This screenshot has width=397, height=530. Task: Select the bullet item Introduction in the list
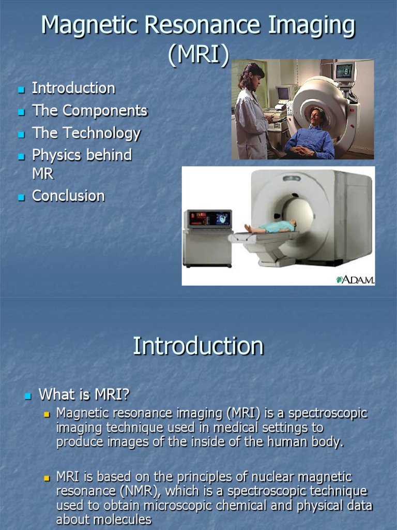pyautogui.click(x=73, y=89)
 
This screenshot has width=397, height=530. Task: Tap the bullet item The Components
pyautogui.click(x=89, y=111)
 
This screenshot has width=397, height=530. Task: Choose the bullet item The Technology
pyautogui.click(x=86, y=133)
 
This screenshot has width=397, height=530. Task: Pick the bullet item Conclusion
pyautogui.click(x=68, y=196)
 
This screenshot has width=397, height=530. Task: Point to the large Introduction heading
pyautogui.click(x=198, y=346)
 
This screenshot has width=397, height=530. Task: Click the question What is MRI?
pyautogui.click(x=84, y=395)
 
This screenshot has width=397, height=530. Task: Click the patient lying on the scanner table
pyautogui.click(x=271, y=227)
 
